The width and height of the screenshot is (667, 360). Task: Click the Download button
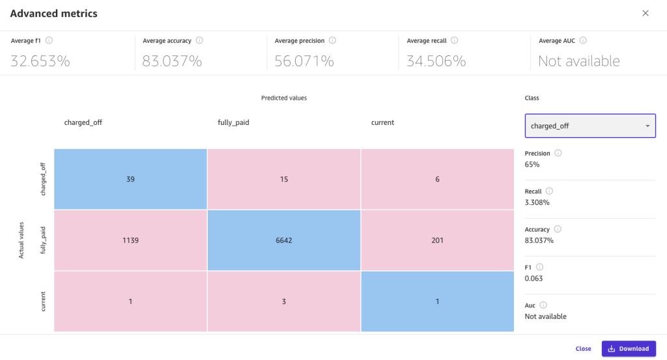(629, 348)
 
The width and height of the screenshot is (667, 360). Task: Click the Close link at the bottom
(583, 348)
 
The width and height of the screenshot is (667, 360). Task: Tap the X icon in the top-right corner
(646, 13)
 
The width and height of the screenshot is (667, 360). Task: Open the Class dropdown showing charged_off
(590, 126)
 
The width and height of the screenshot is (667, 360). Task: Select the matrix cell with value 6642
(284, 240)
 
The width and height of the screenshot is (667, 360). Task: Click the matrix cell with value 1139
(130, 240)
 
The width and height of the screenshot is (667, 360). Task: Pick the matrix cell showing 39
(130, 179)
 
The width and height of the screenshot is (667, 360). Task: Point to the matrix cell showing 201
(437, 240)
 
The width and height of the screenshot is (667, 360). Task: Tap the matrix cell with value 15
(284, 179)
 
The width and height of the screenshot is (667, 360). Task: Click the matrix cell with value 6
(437, 179)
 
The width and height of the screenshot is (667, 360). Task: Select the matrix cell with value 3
(284, 301)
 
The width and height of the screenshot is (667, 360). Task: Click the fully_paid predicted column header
(233, 122)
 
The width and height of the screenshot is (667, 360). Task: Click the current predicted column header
(382, 122)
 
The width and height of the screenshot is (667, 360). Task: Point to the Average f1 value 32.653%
(40, 61)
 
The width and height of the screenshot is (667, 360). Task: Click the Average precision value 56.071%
(304, 61)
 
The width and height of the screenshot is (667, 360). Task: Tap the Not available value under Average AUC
(578, 61)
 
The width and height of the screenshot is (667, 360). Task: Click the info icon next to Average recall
(455, 40)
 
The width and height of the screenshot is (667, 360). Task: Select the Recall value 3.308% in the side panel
(537, 202)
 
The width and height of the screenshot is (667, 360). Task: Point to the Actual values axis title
(21, 240)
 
